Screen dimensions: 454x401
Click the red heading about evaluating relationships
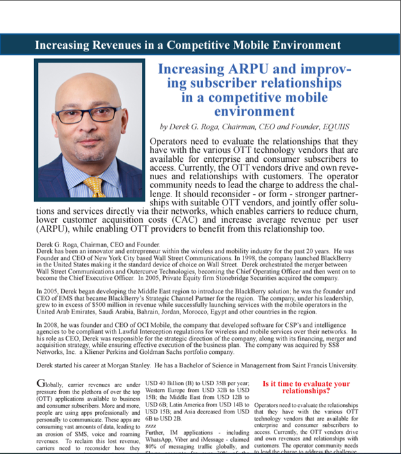pyautogui.click(x=306, y=387)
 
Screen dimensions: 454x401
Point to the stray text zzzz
pyautogui.click(x=152, y=426)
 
